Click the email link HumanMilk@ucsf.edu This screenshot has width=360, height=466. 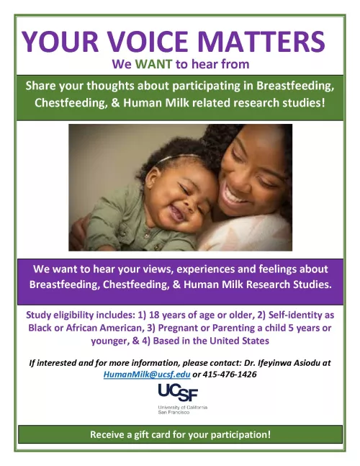[147, 374]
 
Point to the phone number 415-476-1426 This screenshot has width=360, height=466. [229, 374]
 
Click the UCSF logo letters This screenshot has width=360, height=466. [178, 393]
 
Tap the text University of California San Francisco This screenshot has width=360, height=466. [182, 410]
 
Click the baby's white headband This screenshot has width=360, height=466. [178, 157]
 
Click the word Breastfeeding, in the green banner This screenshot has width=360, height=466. [295, 86]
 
